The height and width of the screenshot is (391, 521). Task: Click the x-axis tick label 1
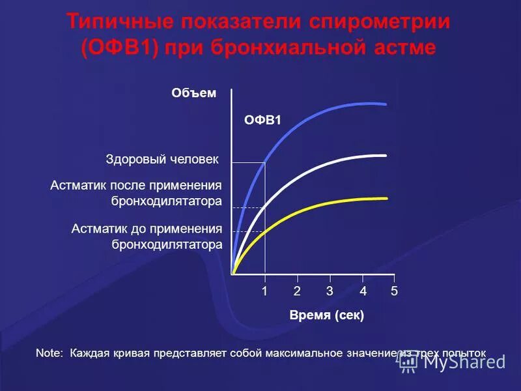coord(265,292)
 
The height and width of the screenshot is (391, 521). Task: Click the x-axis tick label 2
coord(297,292)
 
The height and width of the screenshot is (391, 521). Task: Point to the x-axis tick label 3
coord(330,292)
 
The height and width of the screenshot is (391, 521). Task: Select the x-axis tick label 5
coord(394,292)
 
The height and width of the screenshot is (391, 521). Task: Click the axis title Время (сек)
coord(326,315)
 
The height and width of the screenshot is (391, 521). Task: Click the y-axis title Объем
coord(193,93)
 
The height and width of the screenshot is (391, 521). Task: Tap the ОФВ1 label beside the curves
coord(262,120)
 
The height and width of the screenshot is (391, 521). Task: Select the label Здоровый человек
coord(162,159)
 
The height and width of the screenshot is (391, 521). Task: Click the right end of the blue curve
coord(386,104)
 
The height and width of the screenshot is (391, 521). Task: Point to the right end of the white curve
coord(386,155)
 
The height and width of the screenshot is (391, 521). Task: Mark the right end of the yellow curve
coord(386,198)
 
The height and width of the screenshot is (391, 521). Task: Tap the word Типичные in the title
coord(120,22)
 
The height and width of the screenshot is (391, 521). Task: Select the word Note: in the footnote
coord(49,353)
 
